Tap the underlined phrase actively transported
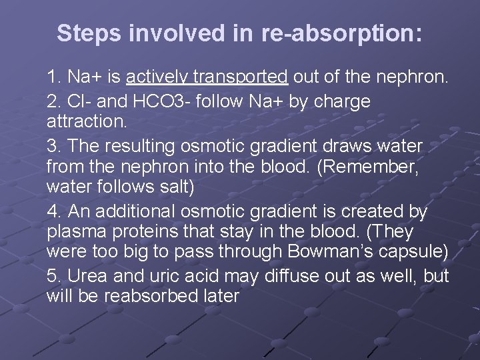click(207, 78)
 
